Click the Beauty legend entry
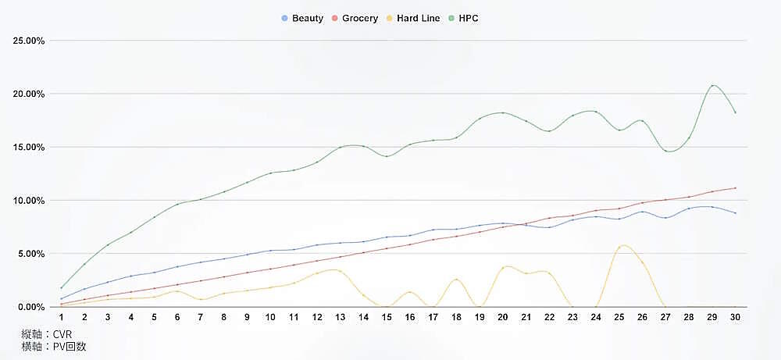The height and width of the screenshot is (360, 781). click(x=302, y=18)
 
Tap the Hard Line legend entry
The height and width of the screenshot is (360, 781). click(x=412, y=18)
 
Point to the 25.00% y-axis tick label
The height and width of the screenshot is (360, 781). click(x=30, y=41)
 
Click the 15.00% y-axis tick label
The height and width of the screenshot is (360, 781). click(x=30, y=147)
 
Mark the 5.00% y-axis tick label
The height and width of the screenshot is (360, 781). click(x=32, y=254)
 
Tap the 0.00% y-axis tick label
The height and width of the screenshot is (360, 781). click(x=32, y=307)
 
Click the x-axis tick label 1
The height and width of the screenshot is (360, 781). click(x=61, y=317)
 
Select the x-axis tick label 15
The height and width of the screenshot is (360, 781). click(x=386, y=317)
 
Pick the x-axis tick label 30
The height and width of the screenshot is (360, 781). click(x=734, y=317)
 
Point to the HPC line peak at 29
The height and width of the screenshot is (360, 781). click(x=712, y=85)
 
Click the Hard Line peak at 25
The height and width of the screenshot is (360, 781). click(x=622, y=246)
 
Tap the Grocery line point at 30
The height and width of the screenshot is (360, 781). click(x=735, y=188)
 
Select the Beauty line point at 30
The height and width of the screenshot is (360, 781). click(x=735, y=213)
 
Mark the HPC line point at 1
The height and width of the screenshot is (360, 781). click(x=61, y=288)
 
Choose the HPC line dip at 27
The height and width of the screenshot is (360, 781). click(x=666, y=151)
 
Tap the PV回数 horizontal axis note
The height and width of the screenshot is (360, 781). click(x=54, y=347)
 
